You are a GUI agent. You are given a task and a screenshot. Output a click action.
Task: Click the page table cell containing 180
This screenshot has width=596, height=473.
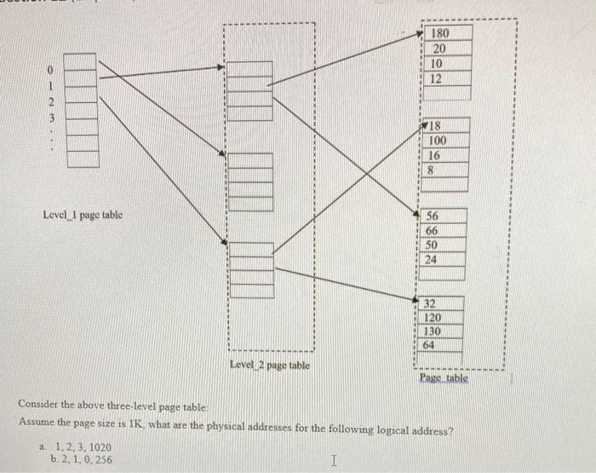pyautogui.click(x=448, y=33)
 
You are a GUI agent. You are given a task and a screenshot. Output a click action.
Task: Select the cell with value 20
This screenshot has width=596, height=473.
pyautogui.click(x=448, y=49)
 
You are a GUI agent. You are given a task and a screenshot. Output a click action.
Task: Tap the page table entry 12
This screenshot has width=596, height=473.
pyautogui.click(x=447, y=78)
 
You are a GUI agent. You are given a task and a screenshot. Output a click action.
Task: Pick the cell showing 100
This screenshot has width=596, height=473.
pyautogui.click(x=444, y=141)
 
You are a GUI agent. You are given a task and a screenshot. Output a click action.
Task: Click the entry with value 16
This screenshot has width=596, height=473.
pyautogui.click(x=444, y=155)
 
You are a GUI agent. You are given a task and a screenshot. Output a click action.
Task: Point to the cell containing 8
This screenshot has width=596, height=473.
pyautogui.click(x=444, y=170)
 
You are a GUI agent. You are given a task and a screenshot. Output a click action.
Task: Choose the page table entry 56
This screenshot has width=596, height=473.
pyautogui.click(x=443, y=216)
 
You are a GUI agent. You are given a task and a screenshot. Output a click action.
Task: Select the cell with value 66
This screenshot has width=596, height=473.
pyautogui.click(x=442, y=230)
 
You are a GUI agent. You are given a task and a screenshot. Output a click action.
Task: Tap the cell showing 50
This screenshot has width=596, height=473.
pyautogui.click(x=442, y=245)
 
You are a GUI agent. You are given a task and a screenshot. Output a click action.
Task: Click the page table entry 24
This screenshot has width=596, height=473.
pyautogui.click(x=441, y=260)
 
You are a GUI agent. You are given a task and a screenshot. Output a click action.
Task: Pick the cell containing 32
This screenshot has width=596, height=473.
pyautogui.click(x=440, y=303)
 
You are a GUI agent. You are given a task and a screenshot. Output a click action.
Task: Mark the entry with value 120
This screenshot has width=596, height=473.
pyautogui.click(x=440, y=317)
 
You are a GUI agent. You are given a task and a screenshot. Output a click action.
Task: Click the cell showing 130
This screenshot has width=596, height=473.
pyautogui.click(x=439, y=331)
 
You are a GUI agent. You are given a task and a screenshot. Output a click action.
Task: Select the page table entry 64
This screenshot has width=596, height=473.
pyautogui.click(x=439, y=345)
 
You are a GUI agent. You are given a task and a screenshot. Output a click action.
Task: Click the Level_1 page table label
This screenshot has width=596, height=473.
pyautogui.click(x=83, y=215)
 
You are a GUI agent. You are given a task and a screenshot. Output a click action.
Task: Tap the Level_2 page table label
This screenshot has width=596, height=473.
pyautogui.click(x=270, y=365)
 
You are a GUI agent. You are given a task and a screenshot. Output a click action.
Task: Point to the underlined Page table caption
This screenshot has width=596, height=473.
pyautogui.click(x=444, y=378)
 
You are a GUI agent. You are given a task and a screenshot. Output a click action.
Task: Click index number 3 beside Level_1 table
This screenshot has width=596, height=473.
pyautogui.click(x=50, y=118)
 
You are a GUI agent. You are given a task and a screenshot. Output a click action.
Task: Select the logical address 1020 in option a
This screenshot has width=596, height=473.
pyautogui.click(x=100, y=447)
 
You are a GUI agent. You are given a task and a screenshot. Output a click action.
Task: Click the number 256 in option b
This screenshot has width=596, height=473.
pyautogui.click(x=104, y=459)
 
